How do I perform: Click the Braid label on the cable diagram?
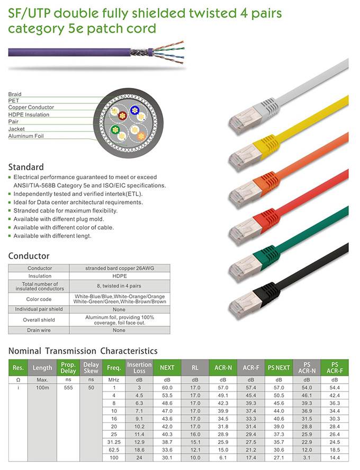coord(15,94)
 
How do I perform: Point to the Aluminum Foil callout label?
coord(26,136)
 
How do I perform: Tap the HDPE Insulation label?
coord(29,114)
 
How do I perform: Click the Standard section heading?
coord(26,167)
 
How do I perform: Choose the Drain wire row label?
coord(39,330)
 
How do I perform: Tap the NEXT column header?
coord(167,367)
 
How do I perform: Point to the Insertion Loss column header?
coord(139,367)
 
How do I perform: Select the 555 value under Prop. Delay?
coord(68,388)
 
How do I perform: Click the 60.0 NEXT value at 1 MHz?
coord(167,388)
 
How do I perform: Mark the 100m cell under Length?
coord(42,388)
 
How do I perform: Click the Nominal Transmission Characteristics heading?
coord(83,351)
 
